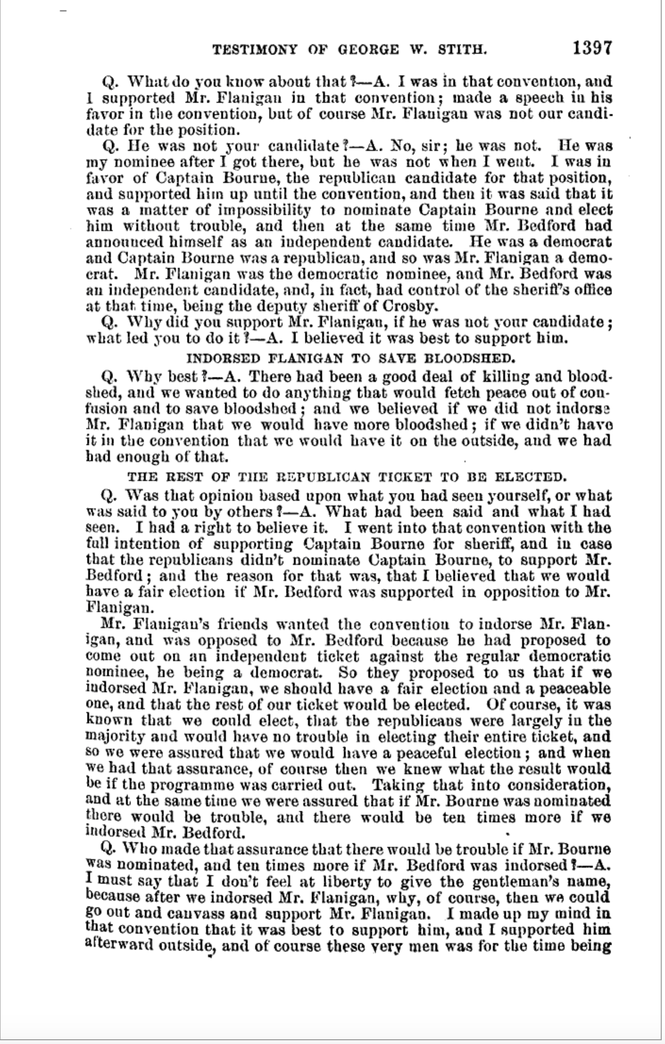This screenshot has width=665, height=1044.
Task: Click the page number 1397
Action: click(592, 48)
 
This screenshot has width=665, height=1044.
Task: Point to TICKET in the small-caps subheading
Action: click(405, 477)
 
